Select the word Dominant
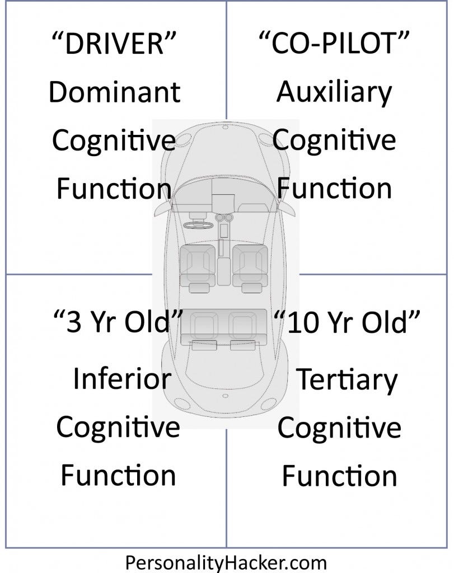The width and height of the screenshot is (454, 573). (x=114, y=92)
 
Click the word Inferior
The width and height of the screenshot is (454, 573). (x=121, y=380)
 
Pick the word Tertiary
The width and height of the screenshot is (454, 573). (x=346, y=380)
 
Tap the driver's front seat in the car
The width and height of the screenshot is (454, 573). (x=198, y=262)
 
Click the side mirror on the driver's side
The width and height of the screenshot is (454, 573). (x=162, y=208)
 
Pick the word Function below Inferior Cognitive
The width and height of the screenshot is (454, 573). (x=118, y=476)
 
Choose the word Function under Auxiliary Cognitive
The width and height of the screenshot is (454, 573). (x=334, y=189)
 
